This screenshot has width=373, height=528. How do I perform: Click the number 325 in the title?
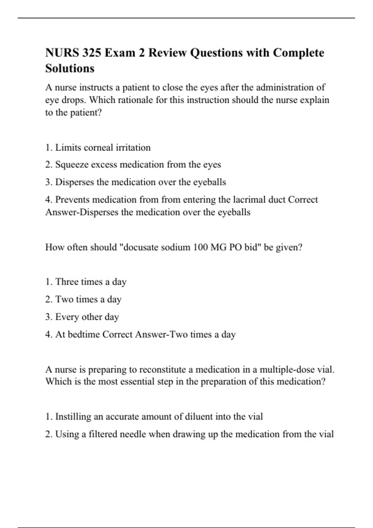(x=92, y=53)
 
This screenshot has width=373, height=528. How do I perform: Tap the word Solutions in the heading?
(x=70, y=69)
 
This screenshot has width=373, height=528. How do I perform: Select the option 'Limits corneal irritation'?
(x=103, y=148)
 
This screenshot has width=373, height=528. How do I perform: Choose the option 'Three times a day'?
(x=90, y=282)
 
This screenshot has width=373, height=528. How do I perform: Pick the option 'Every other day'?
(x=87, y=317)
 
